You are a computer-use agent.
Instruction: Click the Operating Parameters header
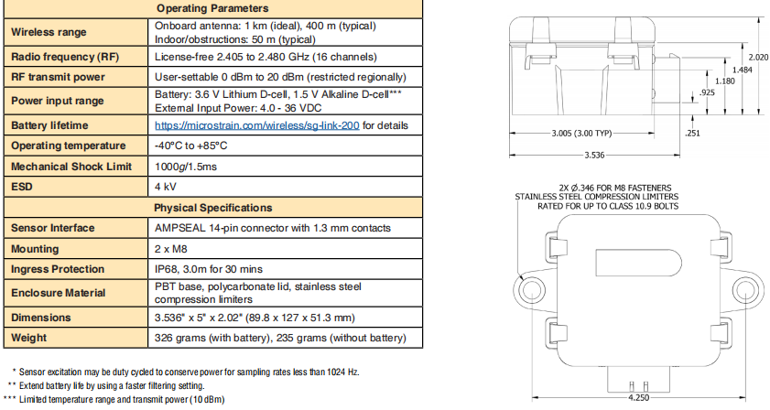(x=212, y=8)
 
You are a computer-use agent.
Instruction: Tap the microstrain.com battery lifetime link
(x=259, y=125)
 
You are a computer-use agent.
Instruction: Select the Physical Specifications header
(x=212, y=208)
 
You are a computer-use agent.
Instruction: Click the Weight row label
(x=30, y=340)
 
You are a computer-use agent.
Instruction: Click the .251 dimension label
(x=692, y=134)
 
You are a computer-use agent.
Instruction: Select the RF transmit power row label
(x=58, y=76)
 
